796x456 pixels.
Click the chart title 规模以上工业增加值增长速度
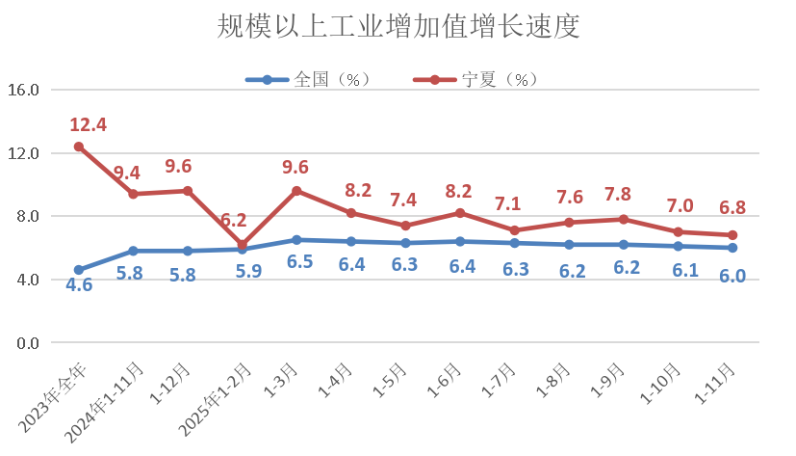pos(398,26)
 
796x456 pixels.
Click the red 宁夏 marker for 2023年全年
pos(79,147)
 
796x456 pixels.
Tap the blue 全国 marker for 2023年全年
pos(79,270)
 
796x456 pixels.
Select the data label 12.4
pos(88,124)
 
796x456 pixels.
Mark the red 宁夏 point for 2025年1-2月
pos(243,245)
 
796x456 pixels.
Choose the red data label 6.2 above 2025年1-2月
pos(233,221)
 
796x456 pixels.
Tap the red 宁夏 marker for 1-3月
pos(297,191)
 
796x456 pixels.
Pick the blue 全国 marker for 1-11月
pos(732,248)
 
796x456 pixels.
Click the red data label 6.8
pos(732,208)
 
